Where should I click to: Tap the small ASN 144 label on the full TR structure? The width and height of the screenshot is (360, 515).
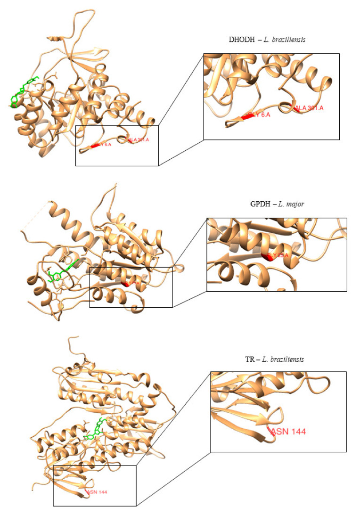click(97, 492)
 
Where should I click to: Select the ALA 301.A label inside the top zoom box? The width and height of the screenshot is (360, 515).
click(310, 108)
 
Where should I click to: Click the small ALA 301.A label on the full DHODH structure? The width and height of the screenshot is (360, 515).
click(138, 140)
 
